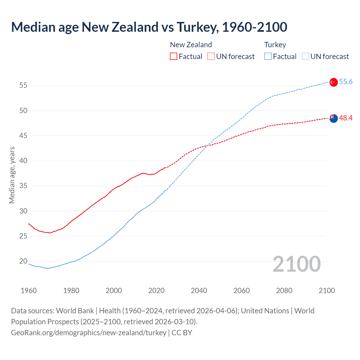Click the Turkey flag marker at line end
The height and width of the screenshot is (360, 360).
point(333,82)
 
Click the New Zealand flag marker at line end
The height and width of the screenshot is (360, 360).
point(333,118)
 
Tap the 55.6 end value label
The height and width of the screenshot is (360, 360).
point(346,82)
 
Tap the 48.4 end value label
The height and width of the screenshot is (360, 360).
point(346,118)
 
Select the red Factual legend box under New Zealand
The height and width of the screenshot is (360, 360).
point(174,56)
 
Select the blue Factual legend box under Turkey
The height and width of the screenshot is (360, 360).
point(268,56)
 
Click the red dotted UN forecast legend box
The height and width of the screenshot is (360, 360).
point(211,56)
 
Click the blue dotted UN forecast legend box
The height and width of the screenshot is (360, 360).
point(305,56)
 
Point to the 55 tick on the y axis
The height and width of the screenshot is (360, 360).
point(23,85)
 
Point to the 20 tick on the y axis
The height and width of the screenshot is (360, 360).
point(23,261)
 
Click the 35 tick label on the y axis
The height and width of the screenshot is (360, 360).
point(23,186)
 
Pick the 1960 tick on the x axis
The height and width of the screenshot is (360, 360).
point(29,291)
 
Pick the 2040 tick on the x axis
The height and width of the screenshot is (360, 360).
point(199,291)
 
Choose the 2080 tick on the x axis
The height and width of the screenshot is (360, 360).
point(284,291)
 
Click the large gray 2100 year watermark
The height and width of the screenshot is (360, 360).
point(296,264)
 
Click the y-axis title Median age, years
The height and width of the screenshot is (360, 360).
point(12,175)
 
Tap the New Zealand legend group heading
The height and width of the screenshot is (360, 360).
point(191,45)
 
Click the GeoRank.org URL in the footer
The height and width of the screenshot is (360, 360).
point(89,333)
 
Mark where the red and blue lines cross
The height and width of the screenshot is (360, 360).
point(208,145)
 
